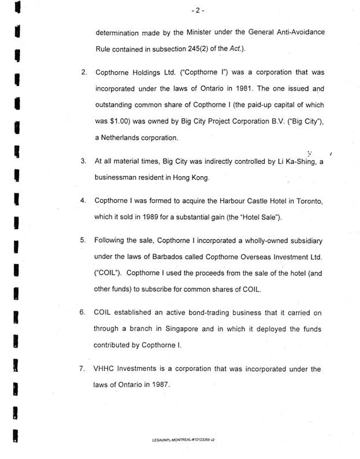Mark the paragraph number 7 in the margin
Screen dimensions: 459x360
83,367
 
